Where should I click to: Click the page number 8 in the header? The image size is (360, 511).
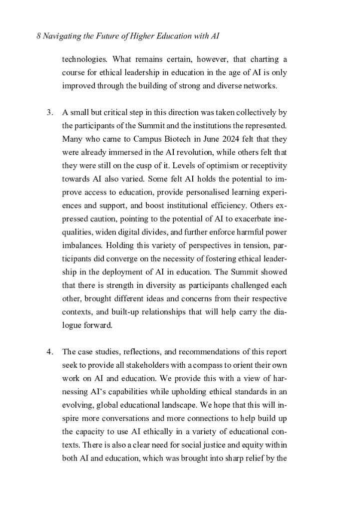(x=39, y=36)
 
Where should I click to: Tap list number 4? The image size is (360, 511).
(x=49, y=351)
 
